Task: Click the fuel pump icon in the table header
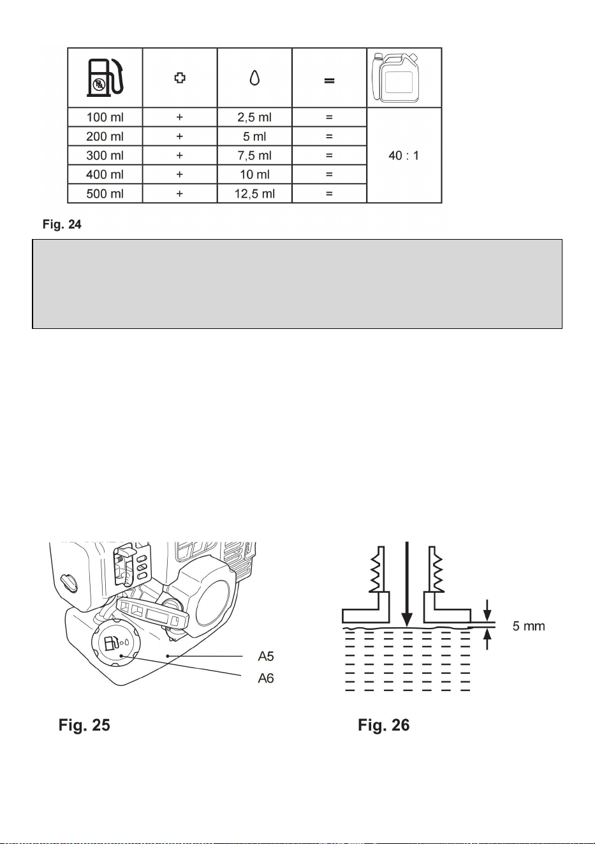105,77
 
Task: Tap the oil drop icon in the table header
254,78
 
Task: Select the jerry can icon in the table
395,78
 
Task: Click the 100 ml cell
105,117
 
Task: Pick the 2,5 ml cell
254,117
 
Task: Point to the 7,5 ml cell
254,156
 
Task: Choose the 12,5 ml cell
254,194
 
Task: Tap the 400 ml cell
105,175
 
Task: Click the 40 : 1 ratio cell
404,156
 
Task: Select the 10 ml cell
254,175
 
